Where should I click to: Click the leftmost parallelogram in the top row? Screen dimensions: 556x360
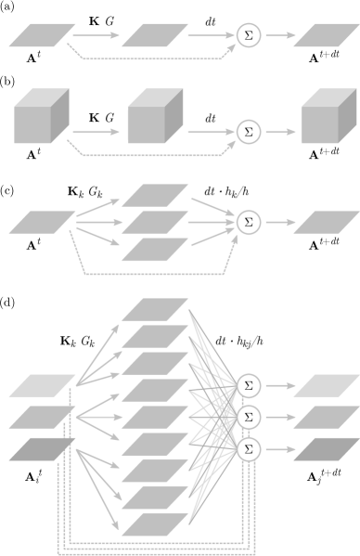(41, 36)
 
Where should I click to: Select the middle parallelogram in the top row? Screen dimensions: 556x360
(155, 36)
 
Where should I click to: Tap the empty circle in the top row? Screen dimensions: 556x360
(248, 36)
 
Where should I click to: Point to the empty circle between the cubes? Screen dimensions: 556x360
(248, 132)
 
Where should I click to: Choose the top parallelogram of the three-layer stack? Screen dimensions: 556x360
(155, 195)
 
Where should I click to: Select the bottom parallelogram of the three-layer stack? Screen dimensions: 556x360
(155, 250)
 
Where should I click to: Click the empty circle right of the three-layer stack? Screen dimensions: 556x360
(248, 222)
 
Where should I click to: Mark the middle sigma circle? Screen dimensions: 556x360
(248, 417)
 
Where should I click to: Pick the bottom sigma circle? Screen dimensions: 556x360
(248, 449)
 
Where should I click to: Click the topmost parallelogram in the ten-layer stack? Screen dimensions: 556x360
(155, 308)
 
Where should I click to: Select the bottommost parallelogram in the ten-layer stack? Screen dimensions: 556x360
(155, 524)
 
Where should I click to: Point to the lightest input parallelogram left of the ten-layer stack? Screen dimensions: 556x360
(42, 385)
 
